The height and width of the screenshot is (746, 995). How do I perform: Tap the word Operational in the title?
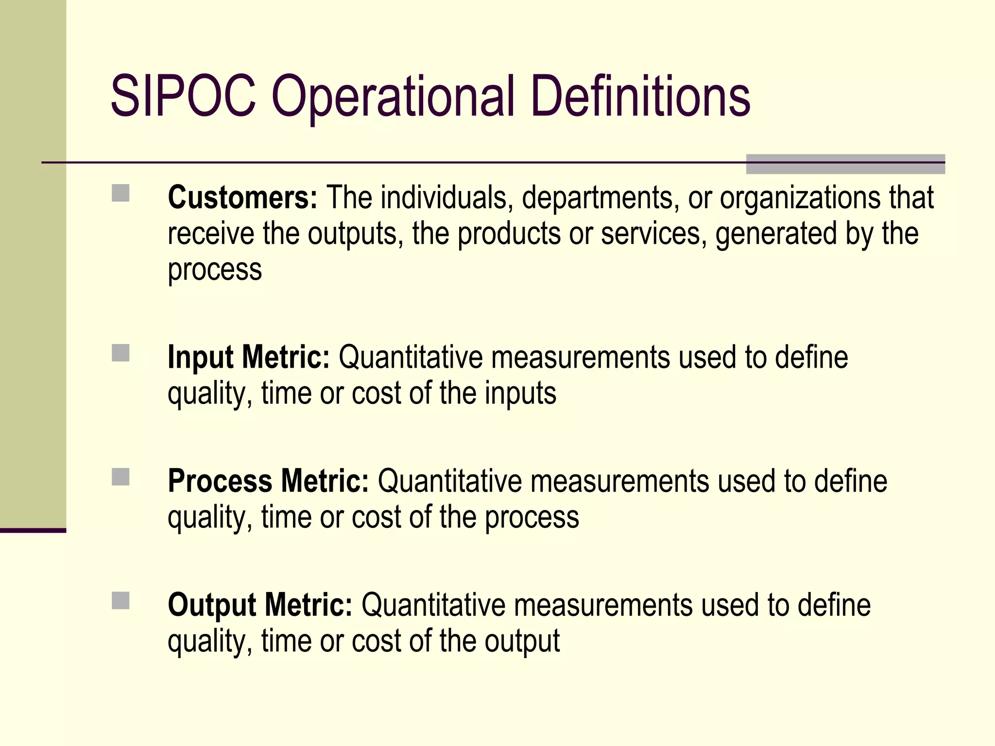click(x=393, y=97)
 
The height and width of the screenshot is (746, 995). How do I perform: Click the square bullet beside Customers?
click(x=120, y=193)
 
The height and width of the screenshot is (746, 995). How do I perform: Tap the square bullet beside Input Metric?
click(x=120, y=353)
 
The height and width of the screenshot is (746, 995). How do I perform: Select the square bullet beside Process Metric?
click(x=120, y=477)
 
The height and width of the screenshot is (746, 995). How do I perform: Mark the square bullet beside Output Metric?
click(x=120, y=601)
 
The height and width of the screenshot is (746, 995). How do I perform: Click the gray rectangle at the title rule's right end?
click(x=845, y=164)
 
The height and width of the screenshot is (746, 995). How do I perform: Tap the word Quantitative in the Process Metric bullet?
click(x=449, y=481)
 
